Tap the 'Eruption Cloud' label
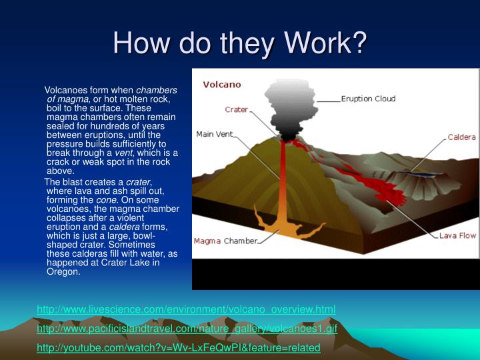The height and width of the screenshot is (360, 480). tap(368, 99)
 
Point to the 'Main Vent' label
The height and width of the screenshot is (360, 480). tap(214, 134)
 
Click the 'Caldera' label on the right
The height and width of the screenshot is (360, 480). tap(461, 137)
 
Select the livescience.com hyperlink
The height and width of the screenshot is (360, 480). tap(186, 309)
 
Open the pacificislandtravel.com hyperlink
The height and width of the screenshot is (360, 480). tap(187, 329)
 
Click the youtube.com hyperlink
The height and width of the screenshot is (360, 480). tap(179, 348)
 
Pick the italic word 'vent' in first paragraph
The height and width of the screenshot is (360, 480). tap(123, 153)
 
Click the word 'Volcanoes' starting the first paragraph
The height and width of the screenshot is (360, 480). tap(66, 90)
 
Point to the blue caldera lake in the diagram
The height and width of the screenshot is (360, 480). tap(413, 173)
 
